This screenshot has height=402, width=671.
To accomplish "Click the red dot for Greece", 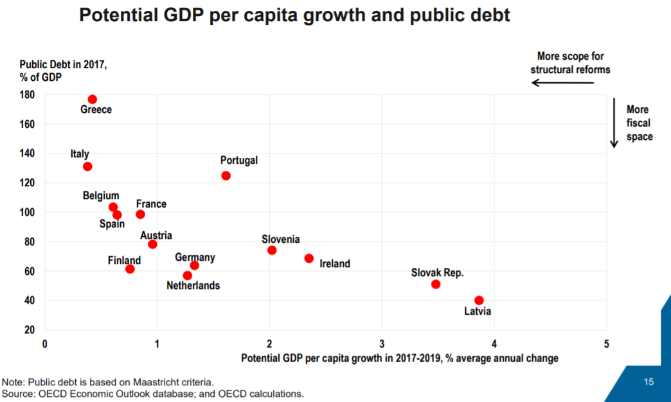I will pyautogui.click(x=93, y=100).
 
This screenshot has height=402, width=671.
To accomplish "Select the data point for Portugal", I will pyautogui.click(x=226, y=175).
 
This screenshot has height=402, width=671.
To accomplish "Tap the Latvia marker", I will pyautogui.click(x=479, y=301).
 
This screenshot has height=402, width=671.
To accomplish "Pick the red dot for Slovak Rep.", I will pyautogui.click(x=436, y=284).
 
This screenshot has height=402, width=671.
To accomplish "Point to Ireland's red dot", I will pyautogui.click(x=309, y=258).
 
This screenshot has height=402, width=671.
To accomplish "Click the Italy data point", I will pyautogui.click(x=87, y=166).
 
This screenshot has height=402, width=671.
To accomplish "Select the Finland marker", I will pyautogui.click(x=130, y=269).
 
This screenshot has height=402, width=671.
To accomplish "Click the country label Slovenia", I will pyautogui.click(x=280, y=240).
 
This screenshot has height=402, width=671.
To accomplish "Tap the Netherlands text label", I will pyautogui.click(x=193, y=286).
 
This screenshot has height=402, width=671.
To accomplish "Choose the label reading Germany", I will pyautogui.click(x=195, y=258).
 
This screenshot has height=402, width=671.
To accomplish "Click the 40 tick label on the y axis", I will pyautogui.click(x=28, y=301).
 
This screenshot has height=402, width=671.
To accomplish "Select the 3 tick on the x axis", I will pyautogui.click(x=382, y=344).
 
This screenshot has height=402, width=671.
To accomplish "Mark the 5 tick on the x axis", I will pyautogui.click(x=607, y=344).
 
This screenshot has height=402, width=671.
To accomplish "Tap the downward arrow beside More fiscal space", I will pyautogui.click(x=614, y=123).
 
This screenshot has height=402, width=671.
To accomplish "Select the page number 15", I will pyautogui.click(x=649, y=382).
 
